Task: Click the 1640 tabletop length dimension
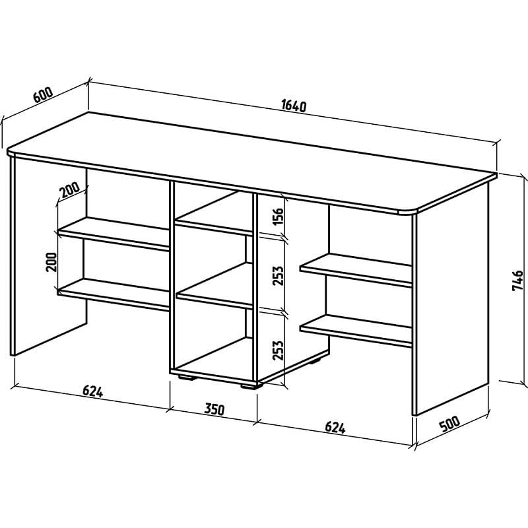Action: [x=293, y=106]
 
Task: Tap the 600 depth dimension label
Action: [x=43, y=94]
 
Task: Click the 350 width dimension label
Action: [x=214, y=409]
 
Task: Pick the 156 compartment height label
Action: [x=279, y=217]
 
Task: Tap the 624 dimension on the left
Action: [x=92, y=391]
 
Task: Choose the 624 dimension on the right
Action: [x=335, y=428]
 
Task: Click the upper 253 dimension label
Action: [x=279, y=276]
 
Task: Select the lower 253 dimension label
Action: [x=279, y=350]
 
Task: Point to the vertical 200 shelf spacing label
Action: [x=52, y=262]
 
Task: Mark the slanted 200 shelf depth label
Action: [x=70, y=190]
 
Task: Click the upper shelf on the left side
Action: [x=114, y=234]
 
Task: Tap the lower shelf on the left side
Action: [x=114, y=294]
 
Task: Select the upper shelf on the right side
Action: [x=356, y=270]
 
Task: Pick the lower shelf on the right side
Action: [x=356, y=331]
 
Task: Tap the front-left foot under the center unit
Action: [x=187, y=378]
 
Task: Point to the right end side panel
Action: [x=451, y=298]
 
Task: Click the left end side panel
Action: [x=49, y=256]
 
